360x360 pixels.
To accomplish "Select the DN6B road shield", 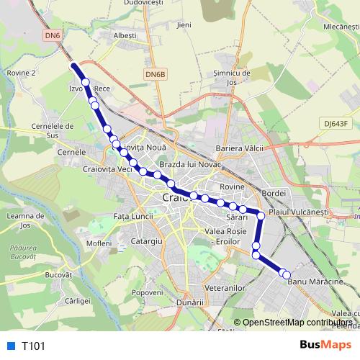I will tap(155, 73).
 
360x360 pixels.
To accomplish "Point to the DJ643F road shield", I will tap(336, 123).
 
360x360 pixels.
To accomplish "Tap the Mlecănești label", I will tap(341, 25).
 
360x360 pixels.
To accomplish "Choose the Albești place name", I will tap(125, 35).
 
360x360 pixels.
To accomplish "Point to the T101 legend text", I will tap(33, 346).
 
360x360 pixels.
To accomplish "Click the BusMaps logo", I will tap(321, 345).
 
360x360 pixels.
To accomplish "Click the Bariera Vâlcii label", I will tap(240, 148).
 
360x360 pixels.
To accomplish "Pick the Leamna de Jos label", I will tap(19, 221).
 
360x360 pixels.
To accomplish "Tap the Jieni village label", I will tap(184, 24).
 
